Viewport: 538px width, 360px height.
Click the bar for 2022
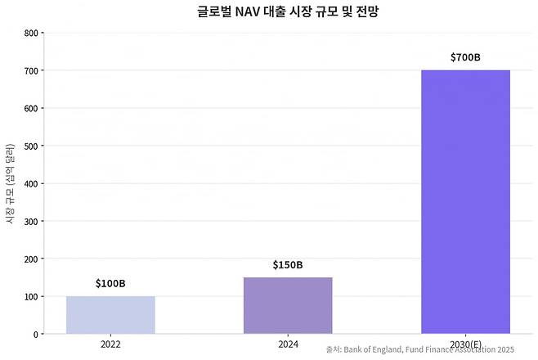point(110,315)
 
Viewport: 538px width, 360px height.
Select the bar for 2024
point(288,305)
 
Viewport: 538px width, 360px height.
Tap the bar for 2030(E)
point(465,202)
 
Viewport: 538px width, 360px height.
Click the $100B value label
point(110,283)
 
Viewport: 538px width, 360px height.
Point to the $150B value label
point(288,264)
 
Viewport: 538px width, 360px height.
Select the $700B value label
point(465,57)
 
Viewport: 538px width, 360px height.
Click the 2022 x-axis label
point(110,345)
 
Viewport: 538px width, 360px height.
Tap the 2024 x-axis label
point(288,345)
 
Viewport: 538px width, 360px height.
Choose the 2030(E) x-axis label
point(465,345)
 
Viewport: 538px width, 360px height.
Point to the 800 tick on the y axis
point(31,34)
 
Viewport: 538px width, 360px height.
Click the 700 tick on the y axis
point(31,71)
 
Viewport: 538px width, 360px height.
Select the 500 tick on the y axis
point(31,146)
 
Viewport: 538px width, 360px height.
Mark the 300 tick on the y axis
point(31,222)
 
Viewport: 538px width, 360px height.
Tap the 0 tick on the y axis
point(36,335)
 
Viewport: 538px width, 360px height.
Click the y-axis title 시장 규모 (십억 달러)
point(10,183)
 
